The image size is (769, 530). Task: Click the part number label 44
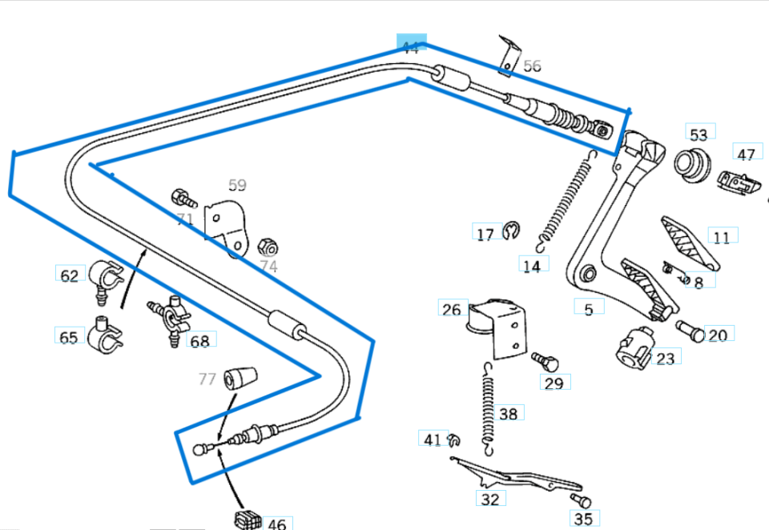click(x=411, y=47)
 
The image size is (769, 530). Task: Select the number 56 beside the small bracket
click(x=532, y=66)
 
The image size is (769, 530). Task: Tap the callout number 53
click(x=699, y=134)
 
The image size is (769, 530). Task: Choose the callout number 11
click(x=722, y=237)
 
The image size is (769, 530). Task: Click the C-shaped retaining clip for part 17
click(x=512, y=232)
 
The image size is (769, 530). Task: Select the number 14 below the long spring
click(x=532, y=266)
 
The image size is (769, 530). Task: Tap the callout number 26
click(x=452, y=310)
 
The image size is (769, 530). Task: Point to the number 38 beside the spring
click(x=509, y=414)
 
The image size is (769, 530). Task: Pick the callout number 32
click(x=490, y=499)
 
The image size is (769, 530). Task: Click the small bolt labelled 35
click(x=580, y=502)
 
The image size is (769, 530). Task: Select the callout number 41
click(x=433, y=440)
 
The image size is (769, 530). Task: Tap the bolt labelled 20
click(x=689, y=329)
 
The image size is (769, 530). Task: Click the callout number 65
click(x=69, y=337)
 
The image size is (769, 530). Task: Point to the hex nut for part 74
click(x=270, y=245)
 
